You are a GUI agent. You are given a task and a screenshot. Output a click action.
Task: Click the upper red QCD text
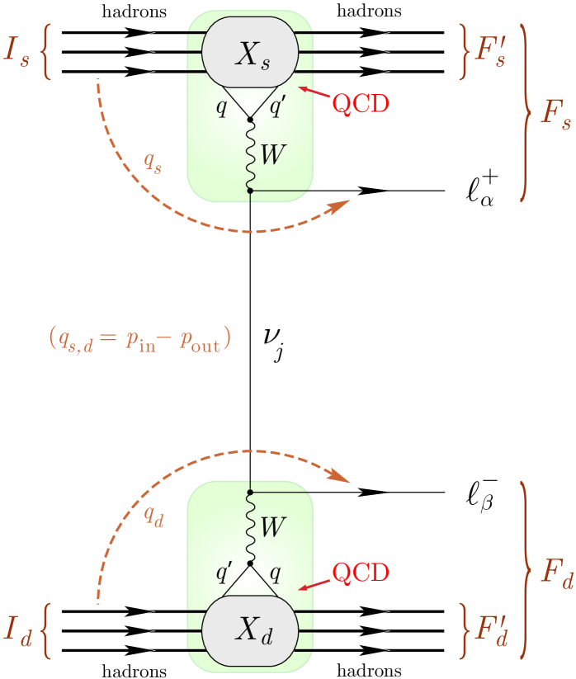coord(360,104)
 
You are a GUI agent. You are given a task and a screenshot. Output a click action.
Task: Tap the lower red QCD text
coord(360,573)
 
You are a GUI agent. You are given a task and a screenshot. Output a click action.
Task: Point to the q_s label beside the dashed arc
coord(153,163)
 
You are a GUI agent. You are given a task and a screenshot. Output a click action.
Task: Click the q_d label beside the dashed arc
coord(153,517)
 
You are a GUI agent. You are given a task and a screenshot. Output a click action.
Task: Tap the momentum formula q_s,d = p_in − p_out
coord(139,339)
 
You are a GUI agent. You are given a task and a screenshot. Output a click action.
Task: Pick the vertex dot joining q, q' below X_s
coord(250,120)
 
